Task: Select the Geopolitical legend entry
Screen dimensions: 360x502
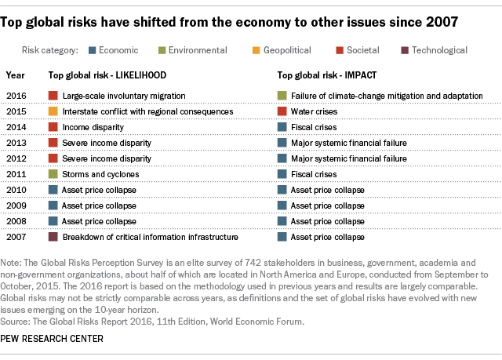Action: [x=285, y=50]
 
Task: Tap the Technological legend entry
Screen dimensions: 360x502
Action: [x=435, y=50]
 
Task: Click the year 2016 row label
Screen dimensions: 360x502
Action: [x=16, y=96]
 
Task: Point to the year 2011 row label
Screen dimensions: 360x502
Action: [x=16, y=174]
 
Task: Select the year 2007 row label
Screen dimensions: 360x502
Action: [x=16, y=237]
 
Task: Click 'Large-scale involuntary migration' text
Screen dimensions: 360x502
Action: [x=124, y=96]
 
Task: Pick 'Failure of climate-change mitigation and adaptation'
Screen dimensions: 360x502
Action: [x=387, y=96]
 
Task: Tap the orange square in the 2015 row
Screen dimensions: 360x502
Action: [x=53, y=111]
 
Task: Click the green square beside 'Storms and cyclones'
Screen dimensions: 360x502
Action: [x=53, y=174]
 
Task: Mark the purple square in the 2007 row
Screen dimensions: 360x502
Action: [x=53, y=237]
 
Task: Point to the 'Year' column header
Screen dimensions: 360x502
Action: [x=15, y=76]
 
